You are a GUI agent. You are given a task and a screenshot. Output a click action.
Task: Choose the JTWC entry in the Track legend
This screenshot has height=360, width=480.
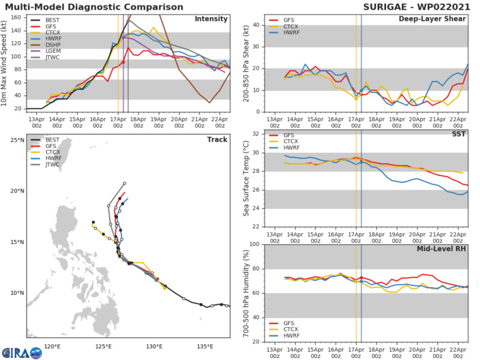(46, 181)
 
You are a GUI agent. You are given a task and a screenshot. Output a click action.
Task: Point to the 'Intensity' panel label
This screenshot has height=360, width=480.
(212, 19)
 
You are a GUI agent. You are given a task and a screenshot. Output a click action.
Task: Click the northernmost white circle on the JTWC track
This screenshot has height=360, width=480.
(125, 183)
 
